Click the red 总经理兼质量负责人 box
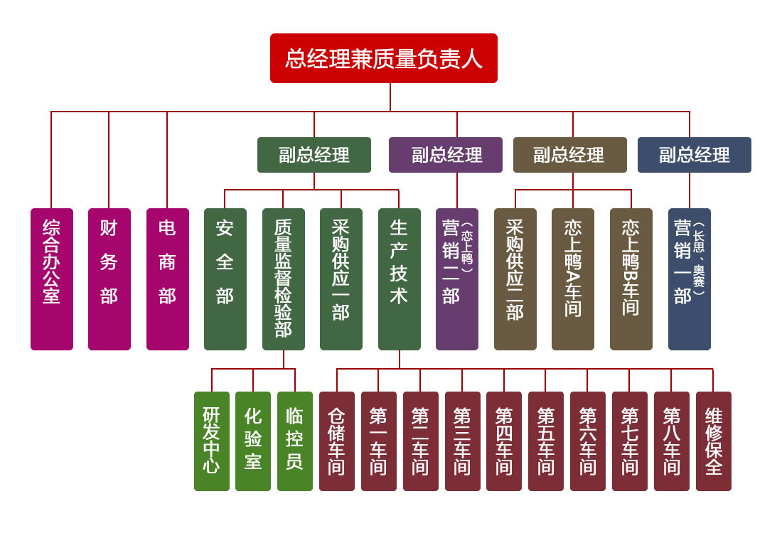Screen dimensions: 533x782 pyautogui.click(x=384, y=58)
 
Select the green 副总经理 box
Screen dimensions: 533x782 pyautogui.click(x=314, y=155)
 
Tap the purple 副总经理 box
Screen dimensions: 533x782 pyautogui.click(x=446, y=155)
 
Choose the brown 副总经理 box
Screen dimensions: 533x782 pyautogui.click(x=570, y=155)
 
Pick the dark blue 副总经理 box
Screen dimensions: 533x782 pyautogui.click(x=695, y=155)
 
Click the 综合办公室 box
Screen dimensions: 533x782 pyautogui.click(x=52, y=279)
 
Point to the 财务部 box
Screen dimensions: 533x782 pyautogui.click(x=109, y=279)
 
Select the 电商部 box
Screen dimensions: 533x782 pyautogui.click(x=168, y=279)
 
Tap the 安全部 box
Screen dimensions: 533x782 pyautogui.click(x=225, y=279)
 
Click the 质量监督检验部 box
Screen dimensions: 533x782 pyautogui.click(x=284, y=279)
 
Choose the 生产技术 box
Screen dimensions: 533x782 pyautogui.click(x=400, y=279)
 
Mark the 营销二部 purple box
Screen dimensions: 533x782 pyautogui.click(x=457, y=279)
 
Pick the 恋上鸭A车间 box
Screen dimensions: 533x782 pyautogui.click(x=573, y=279)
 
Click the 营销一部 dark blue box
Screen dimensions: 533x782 pyautogui.click(x=690, y=279)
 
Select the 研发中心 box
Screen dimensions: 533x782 pyautogui.click(x=212, y=441)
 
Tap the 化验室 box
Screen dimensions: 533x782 pyautogui.click(x=253, y=441)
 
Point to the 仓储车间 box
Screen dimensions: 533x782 pyautogui.click(x=337, y=441)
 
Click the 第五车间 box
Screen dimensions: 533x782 pyautogui.click(x=546, y=441)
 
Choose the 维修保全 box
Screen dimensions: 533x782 pyautogui.click(x=714, y=441)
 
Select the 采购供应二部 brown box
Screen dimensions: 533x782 pyautogui.click(x=515, y=279)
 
